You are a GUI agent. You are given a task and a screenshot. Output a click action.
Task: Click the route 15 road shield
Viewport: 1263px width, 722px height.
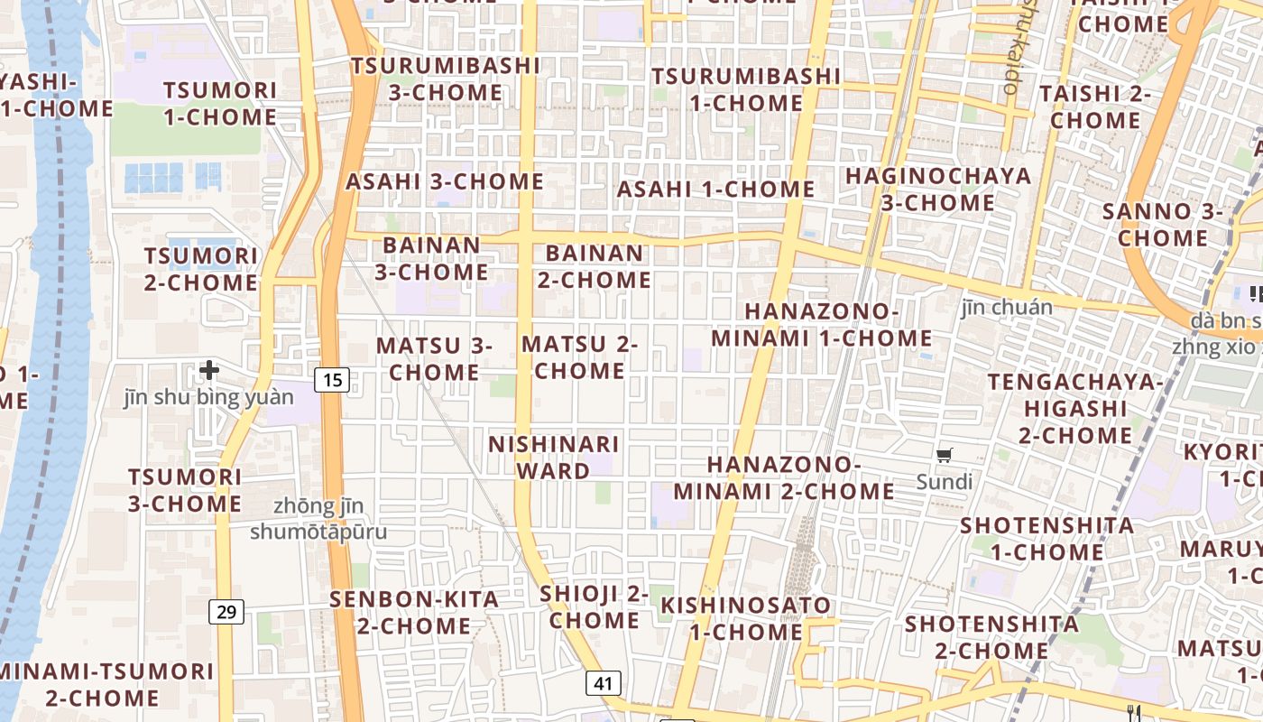333,380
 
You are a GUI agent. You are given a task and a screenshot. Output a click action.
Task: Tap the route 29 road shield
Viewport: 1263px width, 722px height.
226,613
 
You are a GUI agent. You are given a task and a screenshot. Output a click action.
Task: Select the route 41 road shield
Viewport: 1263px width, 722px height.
604,683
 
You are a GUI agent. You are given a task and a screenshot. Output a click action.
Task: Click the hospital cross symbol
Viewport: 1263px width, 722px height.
209,370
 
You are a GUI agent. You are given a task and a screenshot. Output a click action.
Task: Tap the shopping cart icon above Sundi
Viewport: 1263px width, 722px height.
944,456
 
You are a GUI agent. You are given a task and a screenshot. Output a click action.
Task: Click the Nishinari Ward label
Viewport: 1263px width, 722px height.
553,458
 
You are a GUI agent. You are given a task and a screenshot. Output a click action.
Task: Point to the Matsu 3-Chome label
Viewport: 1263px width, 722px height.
434,358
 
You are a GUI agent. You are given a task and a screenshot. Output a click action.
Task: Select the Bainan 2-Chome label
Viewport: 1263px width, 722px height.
595,266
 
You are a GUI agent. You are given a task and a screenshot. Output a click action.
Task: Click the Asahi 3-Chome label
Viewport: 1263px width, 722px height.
445,181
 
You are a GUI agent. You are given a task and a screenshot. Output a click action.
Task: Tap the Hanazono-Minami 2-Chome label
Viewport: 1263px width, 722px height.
784,477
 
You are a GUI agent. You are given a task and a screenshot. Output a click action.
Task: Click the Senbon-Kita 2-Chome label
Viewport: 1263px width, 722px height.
414,612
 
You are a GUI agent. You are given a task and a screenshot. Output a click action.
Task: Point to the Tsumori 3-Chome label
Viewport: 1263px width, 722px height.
185,490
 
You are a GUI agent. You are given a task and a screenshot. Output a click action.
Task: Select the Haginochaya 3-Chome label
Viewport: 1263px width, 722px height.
937,189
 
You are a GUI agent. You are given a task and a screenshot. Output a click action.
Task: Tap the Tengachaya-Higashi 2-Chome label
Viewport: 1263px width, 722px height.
1075,408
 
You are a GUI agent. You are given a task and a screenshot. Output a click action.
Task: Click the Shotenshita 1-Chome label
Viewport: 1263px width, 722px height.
1046,538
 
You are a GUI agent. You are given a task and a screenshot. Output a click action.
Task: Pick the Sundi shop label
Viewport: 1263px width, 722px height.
945,482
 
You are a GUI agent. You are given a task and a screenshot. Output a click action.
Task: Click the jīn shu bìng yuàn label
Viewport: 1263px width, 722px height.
209,397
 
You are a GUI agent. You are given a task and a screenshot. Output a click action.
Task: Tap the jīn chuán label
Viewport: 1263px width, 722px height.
1007,308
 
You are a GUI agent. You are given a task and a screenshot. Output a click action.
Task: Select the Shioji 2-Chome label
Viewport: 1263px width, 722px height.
595,606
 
